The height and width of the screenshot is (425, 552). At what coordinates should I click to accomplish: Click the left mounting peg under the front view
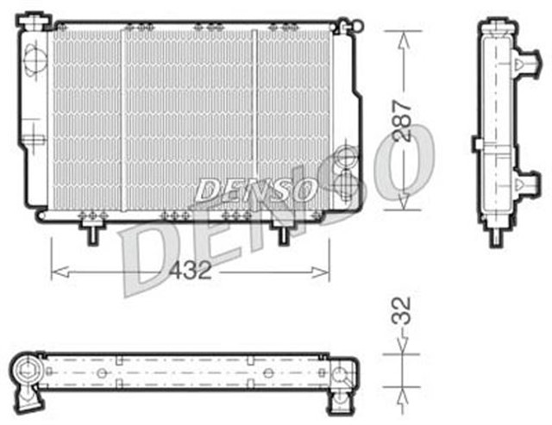[x=91, y=231]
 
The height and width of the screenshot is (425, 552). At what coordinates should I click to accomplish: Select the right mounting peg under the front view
[x=282, y=231]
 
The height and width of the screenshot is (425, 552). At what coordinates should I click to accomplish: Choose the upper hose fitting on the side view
[x=524, y=62]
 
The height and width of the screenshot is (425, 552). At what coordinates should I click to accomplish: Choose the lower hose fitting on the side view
[x=524, y=183]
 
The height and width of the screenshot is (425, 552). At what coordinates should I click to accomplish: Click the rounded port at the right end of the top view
[x=342, y=374]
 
